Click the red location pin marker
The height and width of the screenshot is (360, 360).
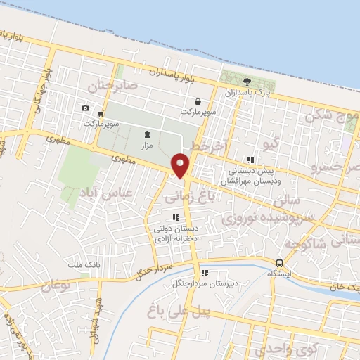pyautogui.click(x=181, y=166)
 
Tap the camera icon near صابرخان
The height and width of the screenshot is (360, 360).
pyautogui.click(x=85, y=108)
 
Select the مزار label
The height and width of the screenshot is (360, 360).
pyautogui.click(x=146, y=145)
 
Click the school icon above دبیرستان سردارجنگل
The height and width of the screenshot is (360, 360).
pyautogui.click(x=204, y=274)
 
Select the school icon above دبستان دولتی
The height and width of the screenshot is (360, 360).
pyautogui.click(x=176, y=217)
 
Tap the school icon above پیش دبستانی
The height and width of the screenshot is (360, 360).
pyautogui.click(x=251, y=160)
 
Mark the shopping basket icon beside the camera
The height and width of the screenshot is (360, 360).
pyautogui.click(x=101, y=112)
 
